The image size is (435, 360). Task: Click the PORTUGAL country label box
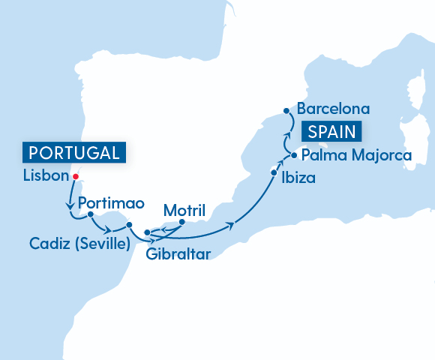point(73,153)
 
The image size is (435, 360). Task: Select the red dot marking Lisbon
point(75,177)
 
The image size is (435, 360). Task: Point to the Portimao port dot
point(90,214)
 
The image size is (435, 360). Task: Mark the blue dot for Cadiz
point(129,224)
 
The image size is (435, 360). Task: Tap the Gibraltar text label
point(178,252)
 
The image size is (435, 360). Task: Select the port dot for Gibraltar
point(146,232)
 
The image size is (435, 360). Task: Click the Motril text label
point(184,208)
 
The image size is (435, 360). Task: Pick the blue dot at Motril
point(182,221)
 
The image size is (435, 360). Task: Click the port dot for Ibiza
point(273,172)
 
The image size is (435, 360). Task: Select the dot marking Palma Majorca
point(293,156)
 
